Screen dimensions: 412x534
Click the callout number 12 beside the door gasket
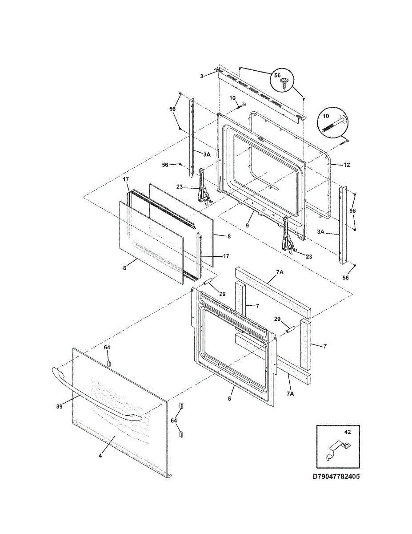click(x=347, y=165)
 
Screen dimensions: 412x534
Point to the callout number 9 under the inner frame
click(x=247, y=225)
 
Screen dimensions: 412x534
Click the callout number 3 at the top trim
click(x=201, y=77)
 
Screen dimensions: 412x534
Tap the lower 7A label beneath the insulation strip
click(x=290, y=400)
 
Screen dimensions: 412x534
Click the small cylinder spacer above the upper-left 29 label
click(x=207, y=281)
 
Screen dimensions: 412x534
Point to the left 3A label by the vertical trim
click(x=207, y=154)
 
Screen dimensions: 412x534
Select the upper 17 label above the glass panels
click(x=126, y=180)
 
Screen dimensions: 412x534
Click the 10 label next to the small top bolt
click(x=232, y=98)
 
